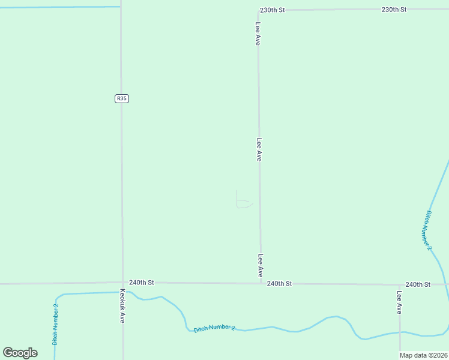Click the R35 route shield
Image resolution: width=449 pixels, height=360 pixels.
click(x=122, y=98)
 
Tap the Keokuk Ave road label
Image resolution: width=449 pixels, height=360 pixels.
click(x=122, y=306)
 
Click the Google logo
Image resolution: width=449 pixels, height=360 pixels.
click(x=20, y=353)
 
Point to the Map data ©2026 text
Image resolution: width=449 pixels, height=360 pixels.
click(x=424, y=355)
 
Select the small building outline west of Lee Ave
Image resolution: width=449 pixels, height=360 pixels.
click(x=243, y=200)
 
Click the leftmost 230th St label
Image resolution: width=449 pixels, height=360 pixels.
click(x=272, y=10)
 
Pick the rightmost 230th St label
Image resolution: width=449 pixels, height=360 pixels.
click(x=394, y=10)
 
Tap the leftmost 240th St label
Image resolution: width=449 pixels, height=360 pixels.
click(x=142, y=282)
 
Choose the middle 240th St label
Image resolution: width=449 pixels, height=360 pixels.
click(x=279, y=283)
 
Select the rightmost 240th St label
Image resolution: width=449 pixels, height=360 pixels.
click(x=418, y=284)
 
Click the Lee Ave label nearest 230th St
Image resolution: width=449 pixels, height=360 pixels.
click(x=258, y=34)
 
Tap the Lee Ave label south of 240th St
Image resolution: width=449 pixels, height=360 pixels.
click(x=399, y=302)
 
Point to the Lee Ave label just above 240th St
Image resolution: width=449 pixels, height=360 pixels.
click(x=261, y=266)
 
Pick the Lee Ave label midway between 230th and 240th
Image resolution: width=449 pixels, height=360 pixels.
click(x=259, y=149)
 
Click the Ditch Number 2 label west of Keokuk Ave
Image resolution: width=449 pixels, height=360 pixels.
click(x=55, y=324)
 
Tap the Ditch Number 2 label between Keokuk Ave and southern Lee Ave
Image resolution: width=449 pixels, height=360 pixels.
click(x=214, y=327)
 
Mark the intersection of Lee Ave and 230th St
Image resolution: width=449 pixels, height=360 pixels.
click(x=258, y=10)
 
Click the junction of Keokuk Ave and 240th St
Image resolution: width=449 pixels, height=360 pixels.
click(x=122, y=283)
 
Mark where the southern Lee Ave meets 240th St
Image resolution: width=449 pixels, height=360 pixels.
click(x=399, y=284)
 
